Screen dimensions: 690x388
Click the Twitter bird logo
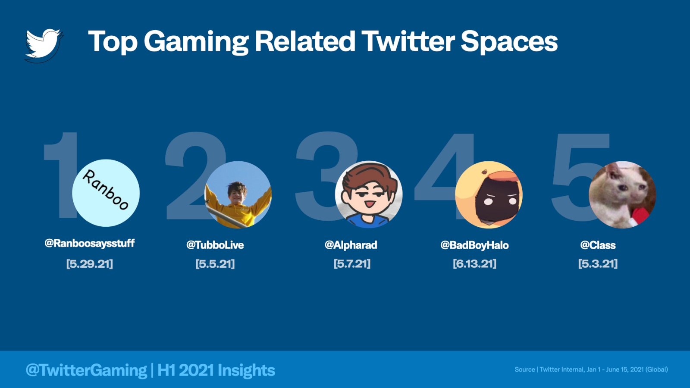(x=44, y=45)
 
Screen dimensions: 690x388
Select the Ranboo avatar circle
(x=106, y=193)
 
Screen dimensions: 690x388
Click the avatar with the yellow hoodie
(x=238, y=194)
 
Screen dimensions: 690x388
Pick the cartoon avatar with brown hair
(x=368, y=194)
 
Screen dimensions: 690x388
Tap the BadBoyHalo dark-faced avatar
(x=489, y=194)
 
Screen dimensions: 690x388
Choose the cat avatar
(x=622, y=194)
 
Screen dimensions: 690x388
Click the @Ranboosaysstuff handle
(x=90, y=243)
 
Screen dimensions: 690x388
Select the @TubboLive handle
(x=215, y=245)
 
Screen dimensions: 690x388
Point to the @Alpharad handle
(x=351, y=245)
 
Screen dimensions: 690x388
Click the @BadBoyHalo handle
(x=475, y=245)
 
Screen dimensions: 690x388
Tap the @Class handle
(x=598, y=245)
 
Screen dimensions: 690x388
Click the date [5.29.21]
(x=90, y=264)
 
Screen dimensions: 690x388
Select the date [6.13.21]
(x=475, y=264)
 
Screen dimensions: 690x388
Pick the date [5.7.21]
(x=352, y=264)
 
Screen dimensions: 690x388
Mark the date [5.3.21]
(x=598, y=264)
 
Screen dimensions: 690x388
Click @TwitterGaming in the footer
(x=86, y=370)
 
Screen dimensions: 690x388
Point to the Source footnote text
(x=591, y=369)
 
